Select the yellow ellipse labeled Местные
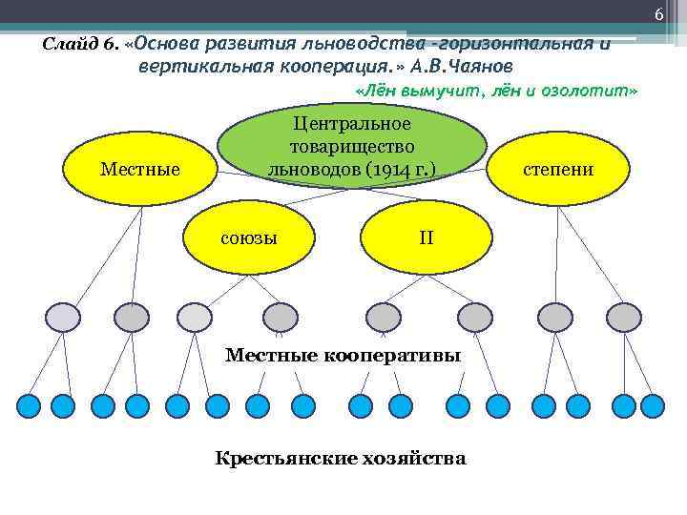(139, 170)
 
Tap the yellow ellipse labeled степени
(557, 169)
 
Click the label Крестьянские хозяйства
(341, 459)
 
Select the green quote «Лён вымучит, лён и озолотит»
(495, 90)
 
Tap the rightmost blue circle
(652, 406)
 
